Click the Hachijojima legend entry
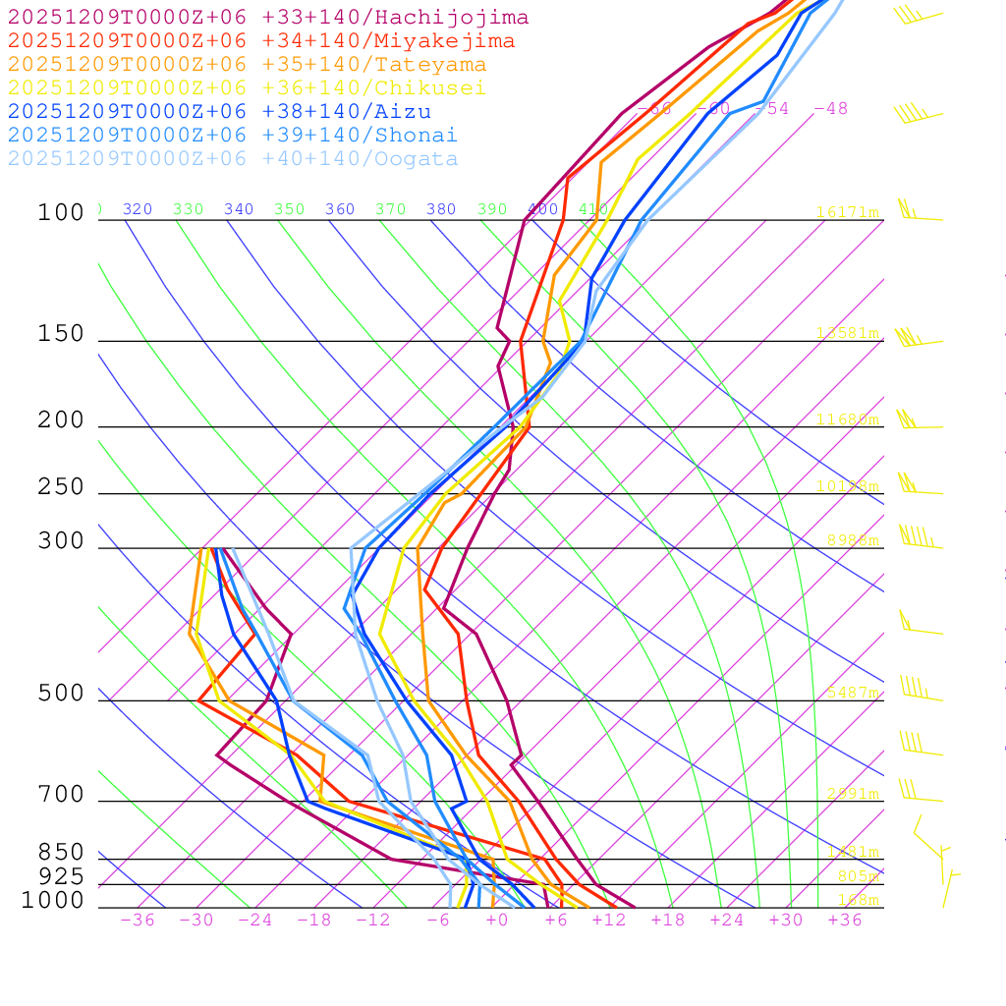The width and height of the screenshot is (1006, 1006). click(267, 18)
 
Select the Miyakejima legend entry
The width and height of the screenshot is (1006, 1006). click(260, 41)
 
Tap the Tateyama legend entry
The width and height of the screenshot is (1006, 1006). click(247, 65)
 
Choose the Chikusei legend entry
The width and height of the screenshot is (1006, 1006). click(247, 88)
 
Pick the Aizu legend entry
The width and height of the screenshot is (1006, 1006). click(218, 112)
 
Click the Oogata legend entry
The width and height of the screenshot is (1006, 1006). click(232, 159)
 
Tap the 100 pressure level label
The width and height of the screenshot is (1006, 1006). click(61, 213)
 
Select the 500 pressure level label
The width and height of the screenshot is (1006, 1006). click(61, 695)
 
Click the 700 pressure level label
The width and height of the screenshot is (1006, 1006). click(61, 795)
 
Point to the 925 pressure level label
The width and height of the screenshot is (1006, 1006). click(61, 876)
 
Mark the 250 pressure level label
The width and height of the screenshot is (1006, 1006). click(61, 487)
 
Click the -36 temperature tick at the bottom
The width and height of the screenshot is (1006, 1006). click(137, 921)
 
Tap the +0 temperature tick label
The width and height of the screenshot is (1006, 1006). click(496, 921)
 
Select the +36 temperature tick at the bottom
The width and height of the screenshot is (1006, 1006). click(844, 921)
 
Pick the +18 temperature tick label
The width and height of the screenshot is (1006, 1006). click(667, 921)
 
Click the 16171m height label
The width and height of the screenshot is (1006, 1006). click(848, 212)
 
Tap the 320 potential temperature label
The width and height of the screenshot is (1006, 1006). click(137, 209)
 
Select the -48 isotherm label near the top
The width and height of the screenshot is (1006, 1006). click(830, 109)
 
